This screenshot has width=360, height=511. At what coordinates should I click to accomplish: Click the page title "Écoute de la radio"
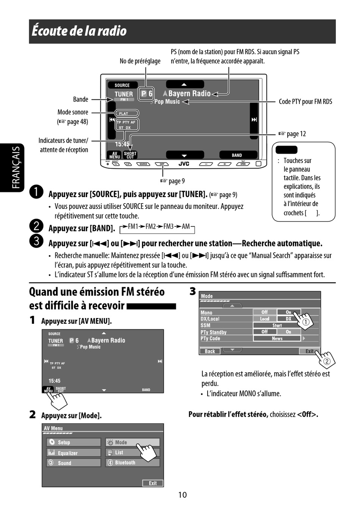point(79,31)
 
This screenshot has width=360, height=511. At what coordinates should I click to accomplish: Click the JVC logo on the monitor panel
point(184,164)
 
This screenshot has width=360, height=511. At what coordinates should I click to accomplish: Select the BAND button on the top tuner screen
point(237,155)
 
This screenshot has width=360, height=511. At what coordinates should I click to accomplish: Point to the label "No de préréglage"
point(140,61)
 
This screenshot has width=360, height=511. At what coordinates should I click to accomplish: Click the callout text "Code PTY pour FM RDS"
point(305,102)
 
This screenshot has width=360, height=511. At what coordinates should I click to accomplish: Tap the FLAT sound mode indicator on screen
point(124,113)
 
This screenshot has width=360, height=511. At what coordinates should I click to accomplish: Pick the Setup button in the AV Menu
point(74,442)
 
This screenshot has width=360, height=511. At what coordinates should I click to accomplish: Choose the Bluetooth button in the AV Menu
point(132,462)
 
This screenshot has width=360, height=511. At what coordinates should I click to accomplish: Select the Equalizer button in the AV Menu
point(74,453)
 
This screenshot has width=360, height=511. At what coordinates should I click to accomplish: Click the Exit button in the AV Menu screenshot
point(153,483)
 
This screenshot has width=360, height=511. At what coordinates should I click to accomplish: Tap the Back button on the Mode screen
point(210,351)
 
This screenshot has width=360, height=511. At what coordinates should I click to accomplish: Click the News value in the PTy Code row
point(277,339)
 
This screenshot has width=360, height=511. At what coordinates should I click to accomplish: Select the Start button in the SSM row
point(277,325)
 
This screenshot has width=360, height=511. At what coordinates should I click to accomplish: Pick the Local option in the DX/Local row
point(265,319)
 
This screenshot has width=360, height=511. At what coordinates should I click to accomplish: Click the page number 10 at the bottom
point(182,495)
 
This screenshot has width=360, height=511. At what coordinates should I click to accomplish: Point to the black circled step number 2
point(36,226)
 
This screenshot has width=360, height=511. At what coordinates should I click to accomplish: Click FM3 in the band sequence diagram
point(168,226)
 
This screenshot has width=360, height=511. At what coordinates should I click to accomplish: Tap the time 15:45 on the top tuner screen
point(122,144)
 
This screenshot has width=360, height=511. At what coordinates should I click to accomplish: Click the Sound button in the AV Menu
point(74,463)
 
